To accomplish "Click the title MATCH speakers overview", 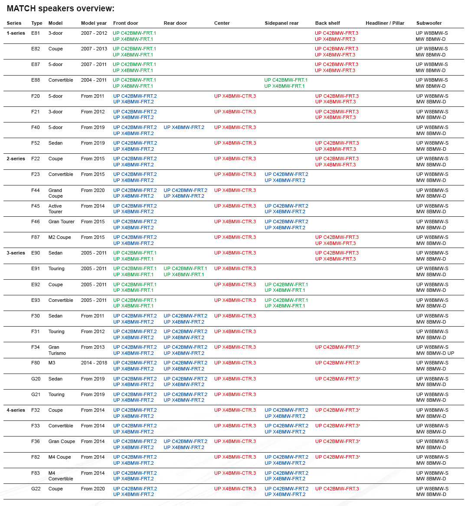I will (x=61, y=9).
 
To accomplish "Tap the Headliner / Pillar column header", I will (x=385, y=23).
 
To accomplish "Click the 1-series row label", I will (x=16, y=33).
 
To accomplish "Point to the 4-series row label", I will (x=16, y=410).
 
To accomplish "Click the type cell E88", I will (x=36, y=80).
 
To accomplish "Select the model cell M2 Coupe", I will (x=60, y=237).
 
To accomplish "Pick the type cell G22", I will (x=36, y=489).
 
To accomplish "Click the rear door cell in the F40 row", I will (x=184, y=127).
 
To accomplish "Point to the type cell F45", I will (x=36, y=206).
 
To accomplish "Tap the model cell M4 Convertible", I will (x=60, y=476).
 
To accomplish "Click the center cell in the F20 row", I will (x=235, y=96).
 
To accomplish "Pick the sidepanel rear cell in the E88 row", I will (x=286, y=83).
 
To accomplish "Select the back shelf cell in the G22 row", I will (x=337, y=489).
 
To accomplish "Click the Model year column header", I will (x=94, y=23).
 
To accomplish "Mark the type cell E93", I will (x=36, y=300).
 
